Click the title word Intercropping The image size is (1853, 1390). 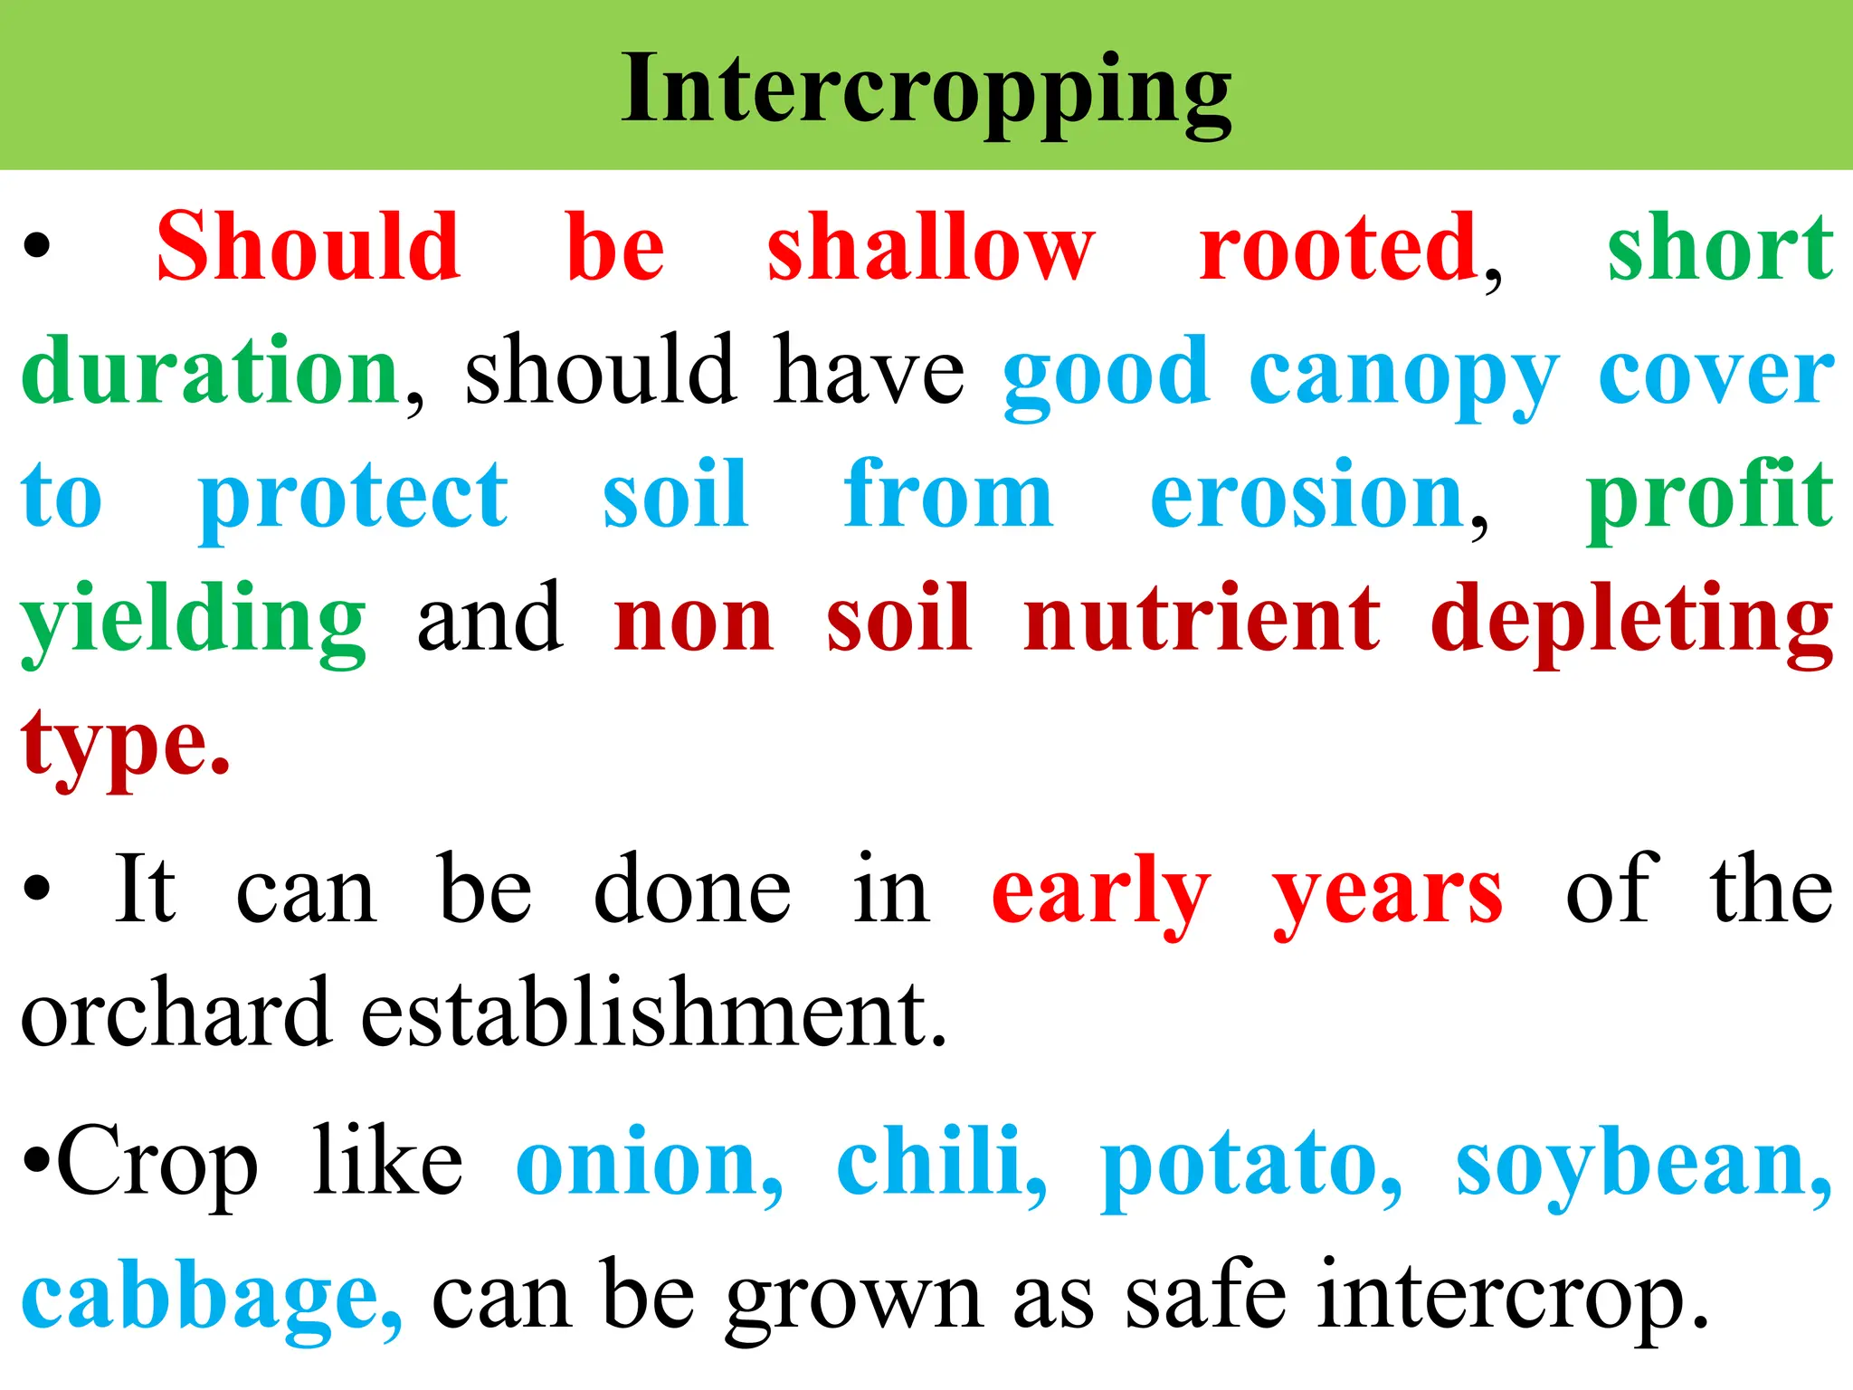[926, 90]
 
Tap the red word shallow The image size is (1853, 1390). [931, 246]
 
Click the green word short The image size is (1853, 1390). [1720, 246]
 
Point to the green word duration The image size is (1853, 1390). [210, 371]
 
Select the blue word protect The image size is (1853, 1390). [353, 496]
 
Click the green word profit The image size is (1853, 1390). [1709, 496]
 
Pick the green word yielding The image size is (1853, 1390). [194, 621]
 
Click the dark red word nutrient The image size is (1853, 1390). [1202, 619]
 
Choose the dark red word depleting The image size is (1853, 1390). [1631, 621]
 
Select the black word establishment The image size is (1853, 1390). [653, 1014]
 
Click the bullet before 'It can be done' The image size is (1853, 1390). [36, 890]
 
